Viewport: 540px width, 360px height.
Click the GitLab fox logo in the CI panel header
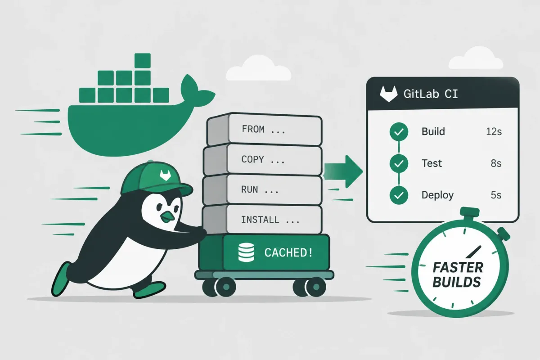point(389,94)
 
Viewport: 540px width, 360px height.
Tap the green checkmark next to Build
point(399,132)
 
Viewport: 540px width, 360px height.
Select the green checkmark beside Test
point(399,163)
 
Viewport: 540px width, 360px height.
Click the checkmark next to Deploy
point(399,195)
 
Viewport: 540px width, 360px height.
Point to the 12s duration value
point(494,132)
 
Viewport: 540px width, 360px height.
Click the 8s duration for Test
point(496,163)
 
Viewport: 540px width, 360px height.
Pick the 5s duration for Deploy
point(496,195)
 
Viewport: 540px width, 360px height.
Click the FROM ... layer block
point(264,129)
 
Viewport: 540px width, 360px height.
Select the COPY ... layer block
point(263,160)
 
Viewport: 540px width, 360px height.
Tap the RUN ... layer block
point(262,190)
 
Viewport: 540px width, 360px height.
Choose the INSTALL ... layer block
point(262,220)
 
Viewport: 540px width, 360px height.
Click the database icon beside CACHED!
point(246,252)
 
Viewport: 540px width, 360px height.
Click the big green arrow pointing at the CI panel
point(343,171)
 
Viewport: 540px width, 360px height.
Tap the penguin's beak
point(167,217)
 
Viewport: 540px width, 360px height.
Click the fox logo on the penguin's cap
point(166,175)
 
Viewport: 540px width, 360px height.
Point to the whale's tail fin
point(196,92)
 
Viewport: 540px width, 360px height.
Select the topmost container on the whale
point(143,61)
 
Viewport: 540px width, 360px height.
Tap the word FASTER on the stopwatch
point(458,267)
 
